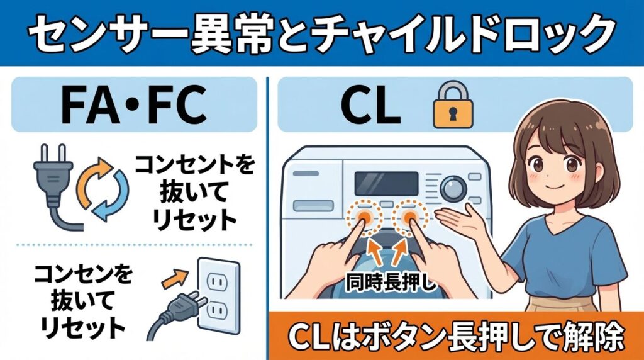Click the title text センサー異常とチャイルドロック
coord(321,33)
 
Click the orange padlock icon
coord(448,107)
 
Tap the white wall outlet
coord(218,296)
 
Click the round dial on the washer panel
coord(452,188)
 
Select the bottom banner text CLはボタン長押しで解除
coord(456,335)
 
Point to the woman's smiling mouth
coord(549,188)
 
